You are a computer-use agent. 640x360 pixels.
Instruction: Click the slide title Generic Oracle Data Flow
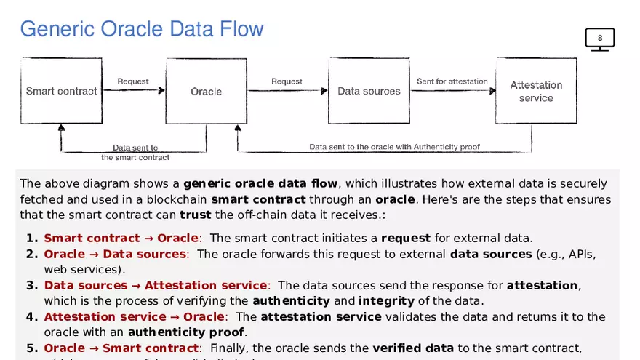point(142,29)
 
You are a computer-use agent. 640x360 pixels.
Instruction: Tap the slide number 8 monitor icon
point(600,39)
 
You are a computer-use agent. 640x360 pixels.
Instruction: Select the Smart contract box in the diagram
point(61,91)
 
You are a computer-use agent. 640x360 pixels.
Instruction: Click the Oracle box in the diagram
point(207,91)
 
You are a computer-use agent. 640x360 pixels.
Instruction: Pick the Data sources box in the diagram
point(369,91)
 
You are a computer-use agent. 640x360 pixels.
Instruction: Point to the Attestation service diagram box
point(536,91)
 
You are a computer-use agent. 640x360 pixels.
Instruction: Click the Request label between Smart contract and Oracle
point(133,81)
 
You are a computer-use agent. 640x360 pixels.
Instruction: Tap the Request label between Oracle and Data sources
point(287,81)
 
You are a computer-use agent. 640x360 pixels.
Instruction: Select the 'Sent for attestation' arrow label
point(452,81)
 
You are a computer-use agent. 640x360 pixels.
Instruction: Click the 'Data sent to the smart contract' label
point(135,152)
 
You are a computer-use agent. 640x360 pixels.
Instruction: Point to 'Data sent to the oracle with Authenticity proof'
point(395,147)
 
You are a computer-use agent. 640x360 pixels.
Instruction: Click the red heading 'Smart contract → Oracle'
point(121,238)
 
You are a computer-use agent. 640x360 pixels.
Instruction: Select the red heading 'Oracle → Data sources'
point(115,254)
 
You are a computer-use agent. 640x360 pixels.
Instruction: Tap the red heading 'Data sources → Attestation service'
point(156,285)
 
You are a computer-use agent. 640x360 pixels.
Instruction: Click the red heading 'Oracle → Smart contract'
point(121,348)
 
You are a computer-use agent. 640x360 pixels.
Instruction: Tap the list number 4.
point(31,316)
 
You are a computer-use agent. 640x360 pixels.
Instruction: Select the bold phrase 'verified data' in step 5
point(413,348)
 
